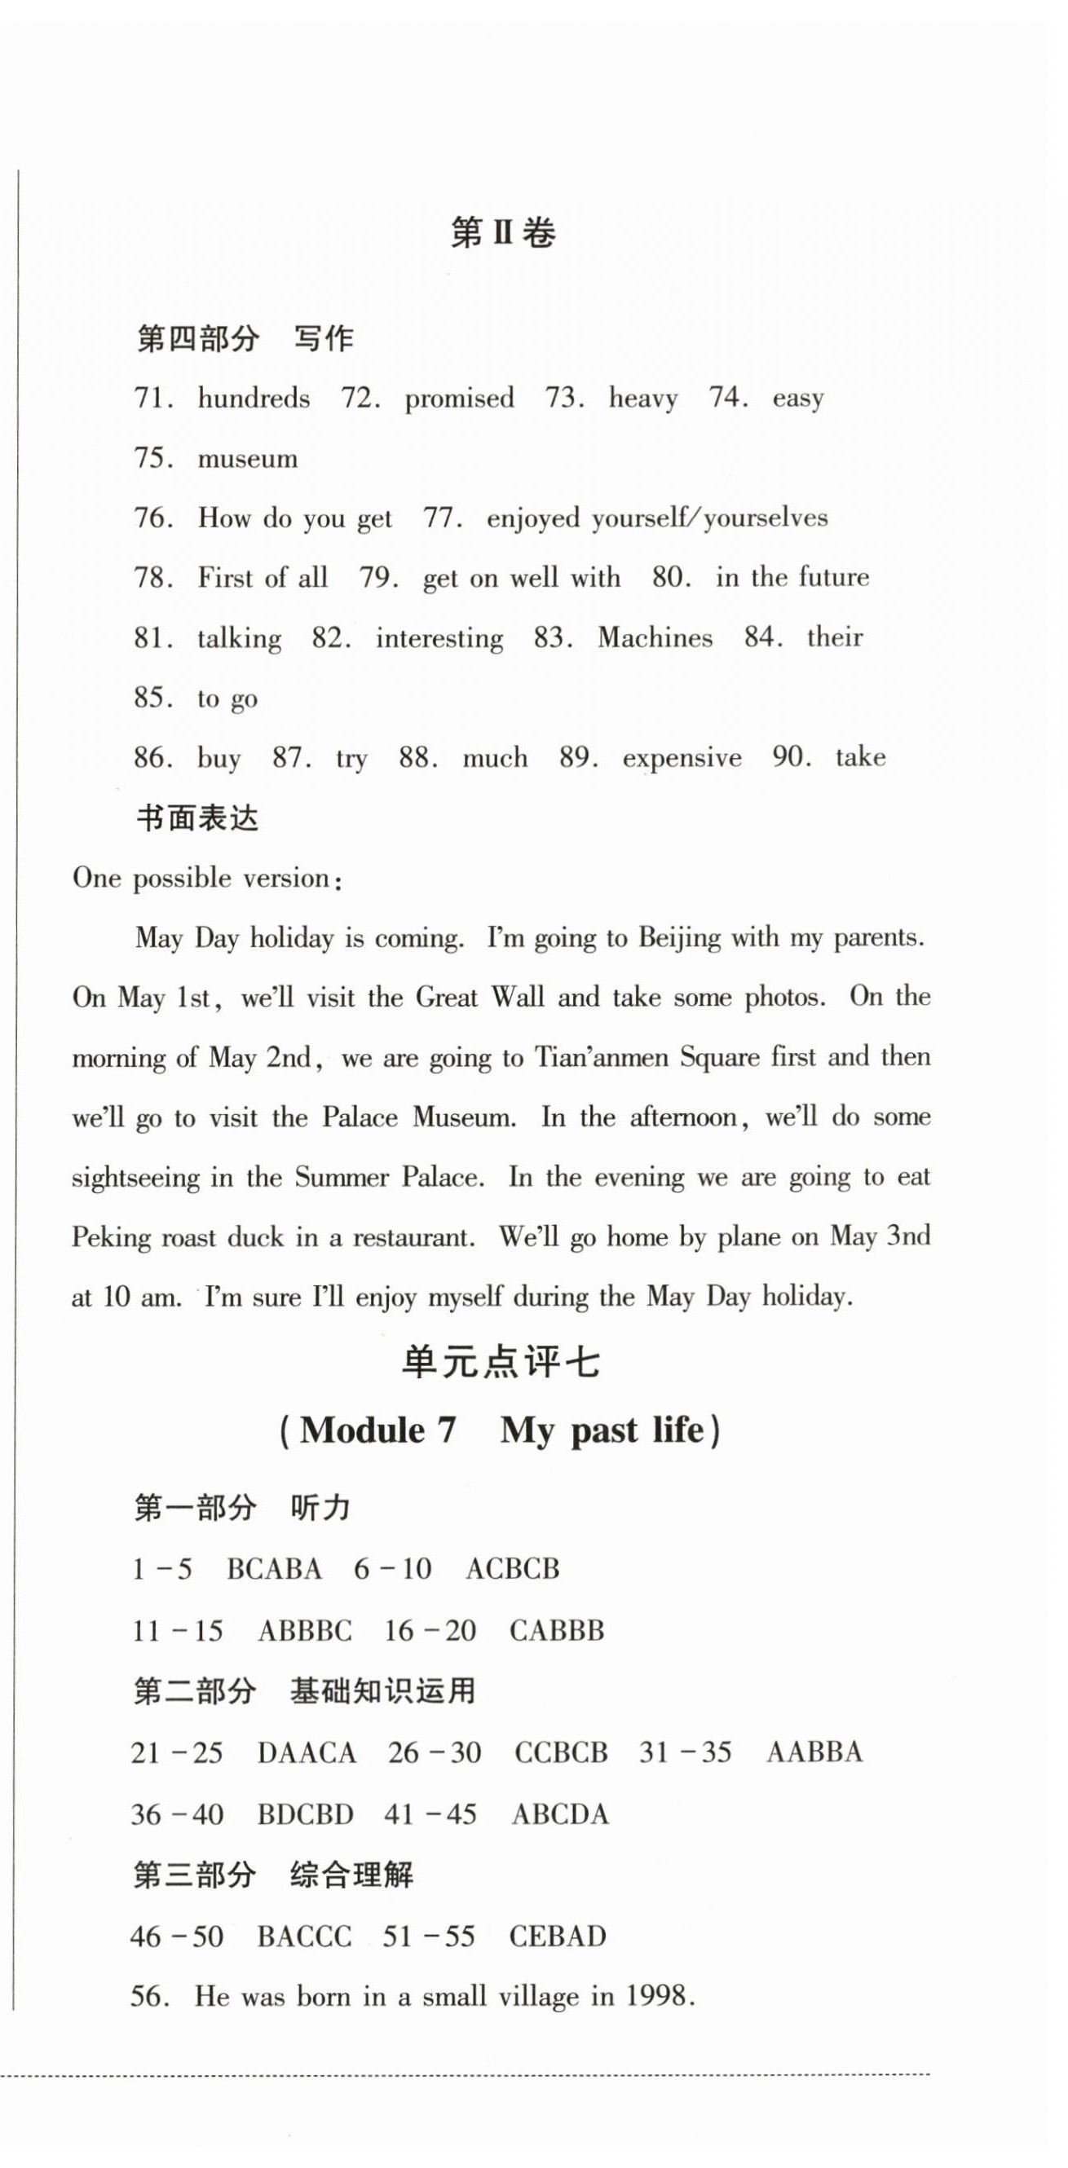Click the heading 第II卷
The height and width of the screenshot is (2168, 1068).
point(503,233)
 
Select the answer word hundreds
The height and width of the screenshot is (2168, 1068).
point(254,398)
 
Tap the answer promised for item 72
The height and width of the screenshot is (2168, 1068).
point(459,398)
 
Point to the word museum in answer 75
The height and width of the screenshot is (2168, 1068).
point(247,459)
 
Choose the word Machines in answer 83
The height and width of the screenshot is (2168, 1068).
point(655,638)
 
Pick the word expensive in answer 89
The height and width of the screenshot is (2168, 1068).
point(682,758)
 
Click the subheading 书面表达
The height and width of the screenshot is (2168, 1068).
point(197,818)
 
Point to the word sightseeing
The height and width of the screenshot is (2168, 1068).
point(135,1178)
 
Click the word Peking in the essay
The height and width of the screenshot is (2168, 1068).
point(110,1237)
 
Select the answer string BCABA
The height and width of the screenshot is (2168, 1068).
point(275,1570)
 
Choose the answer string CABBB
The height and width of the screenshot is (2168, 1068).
point(556,1631)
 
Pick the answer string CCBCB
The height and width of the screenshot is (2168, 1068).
point(561,1753)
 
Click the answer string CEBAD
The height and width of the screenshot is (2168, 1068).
point(557,1937)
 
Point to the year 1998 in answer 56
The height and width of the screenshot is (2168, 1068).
point(655,1996)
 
